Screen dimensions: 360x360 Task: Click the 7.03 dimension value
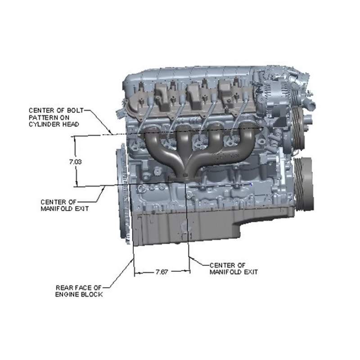coord(76,162)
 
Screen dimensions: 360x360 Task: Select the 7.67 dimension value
coord(162,272)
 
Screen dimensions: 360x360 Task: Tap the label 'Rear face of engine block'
coord(79,291)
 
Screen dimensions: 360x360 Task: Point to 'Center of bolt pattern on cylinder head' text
coord(56,117)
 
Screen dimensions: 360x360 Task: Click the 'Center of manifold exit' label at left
coord(64,205)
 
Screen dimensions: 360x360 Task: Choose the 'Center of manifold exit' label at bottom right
coord(234,269)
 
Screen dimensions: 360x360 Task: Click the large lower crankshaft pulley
coord(304,184)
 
